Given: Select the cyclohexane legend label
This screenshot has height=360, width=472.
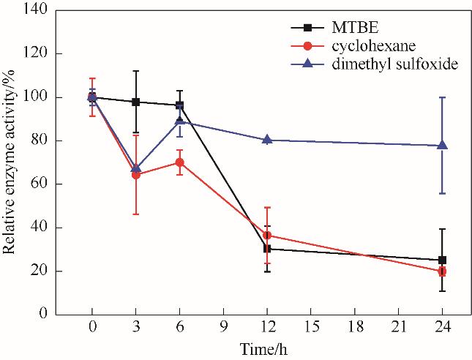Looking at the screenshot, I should pos(352,47).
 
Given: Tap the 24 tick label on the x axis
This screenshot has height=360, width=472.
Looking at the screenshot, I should pos(442,326).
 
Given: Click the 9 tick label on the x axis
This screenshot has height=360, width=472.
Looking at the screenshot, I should pos(224,326).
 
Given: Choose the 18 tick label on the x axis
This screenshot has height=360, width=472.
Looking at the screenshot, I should pos(354,326).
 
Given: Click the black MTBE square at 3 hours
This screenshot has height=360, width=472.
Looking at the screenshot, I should pos(136,102).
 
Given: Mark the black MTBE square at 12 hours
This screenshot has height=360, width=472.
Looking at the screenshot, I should pos(267,249).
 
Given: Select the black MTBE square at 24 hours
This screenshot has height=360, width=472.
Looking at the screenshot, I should pos(442,260).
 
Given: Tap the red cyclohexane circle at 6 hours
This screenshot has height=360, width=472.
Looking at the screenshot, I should pos(180,162).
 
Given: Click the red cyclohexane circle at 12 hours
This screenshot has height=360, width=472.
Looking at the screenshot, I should pos(267,236).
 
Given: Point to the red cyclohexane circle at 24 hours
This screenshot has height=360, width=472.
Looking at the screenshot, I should pos(442,271).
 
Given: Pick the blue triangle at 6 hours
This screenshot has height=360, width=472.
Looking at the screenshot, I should pos(180,121).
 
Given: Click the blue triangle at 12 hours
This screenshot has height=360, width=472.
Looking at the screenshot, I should pos(267,139).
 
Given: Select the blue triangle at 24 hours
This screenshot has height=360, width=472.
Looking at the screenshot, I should pos(442,145).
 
